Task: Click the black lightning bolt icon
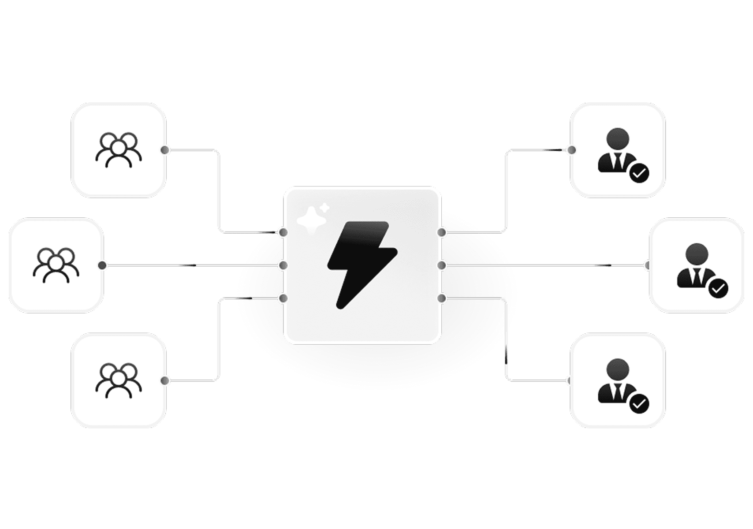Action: point(362,264)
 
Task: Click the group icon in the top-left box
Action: point(118,150)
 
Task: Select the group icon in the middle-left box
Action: point(56,265)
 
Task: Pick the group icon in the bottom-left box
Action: point(118,380)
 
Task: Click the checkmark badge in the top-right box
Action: point(639,173)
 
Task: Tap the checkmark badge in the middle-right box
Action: point(718,289)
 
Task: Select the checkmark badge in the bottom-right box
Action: point(639,404)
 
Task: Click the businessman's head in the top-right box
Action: point(618,139)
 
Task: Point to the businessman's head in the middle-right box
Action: point(697,254)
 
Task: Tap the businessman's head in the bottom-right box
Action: point(618,369)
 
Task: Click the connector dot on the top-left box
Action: point(165,150)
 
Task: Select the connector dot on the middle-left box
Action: point(102,265)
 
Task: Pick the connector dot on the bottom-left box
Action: point(165,380)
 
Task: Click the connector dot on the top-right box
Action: point(572,150)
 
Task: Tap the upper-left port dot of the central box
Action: point(283,232)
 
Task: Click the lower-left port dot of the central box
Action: point(283,298)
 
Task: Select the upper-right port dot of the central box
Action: point(441,232)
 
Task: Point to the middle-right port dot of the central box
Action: point(441,265)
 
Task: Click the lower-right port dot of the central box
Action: point(441,298)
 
